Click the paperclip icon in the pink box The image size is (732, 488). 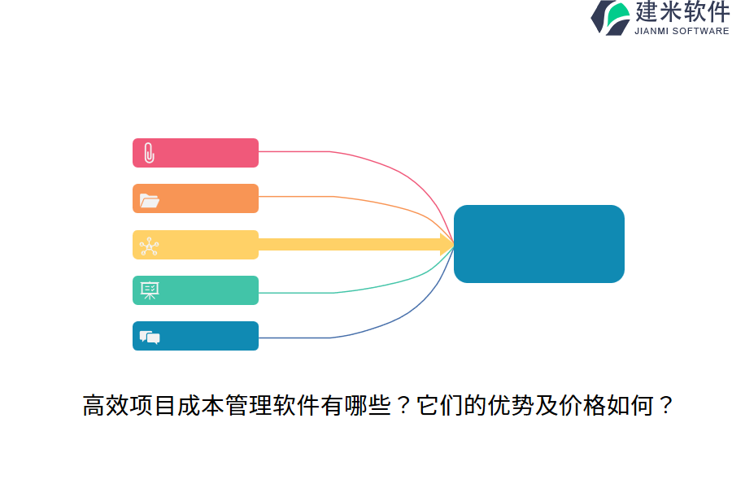pos(149,153)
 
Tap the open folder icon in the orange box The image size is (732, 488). pos(149,199)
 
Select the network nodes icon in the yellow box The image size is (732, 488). pos(149,246)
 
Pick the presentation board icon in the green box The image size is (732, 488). pos(149,291)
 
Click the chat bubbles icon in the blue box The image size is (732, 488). pos(149,337)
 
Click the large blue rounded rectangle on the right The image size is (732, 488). pos(538,244)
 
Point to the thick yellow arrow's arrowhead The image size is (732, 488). pos(447,244)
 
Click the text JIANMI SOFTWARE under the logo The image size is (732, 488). pos(682,31)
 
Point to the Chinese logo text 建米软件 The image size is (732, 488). pos(682,11)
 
